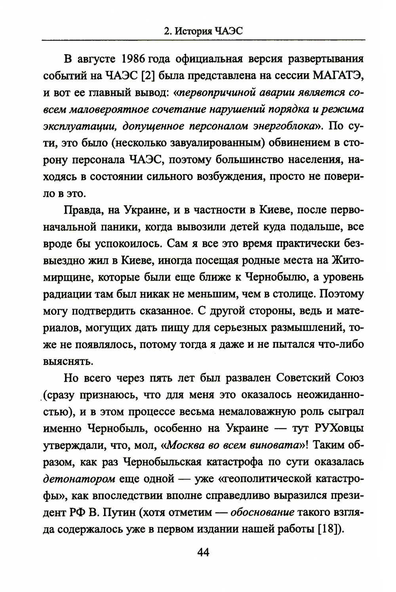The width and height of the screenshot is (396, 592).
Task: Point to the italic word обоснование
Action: coord(262,513)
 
